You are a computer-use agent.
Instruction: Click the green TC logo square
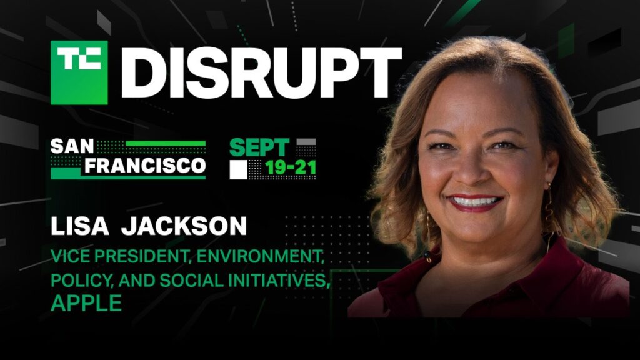pyautogui.click(x=79, y=72)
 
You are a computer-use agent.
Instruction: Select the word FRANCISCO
pyautogui.click(x=146, y=166)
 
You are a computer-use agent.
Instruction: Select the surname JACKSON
pyautogui.click(x=184, y=227)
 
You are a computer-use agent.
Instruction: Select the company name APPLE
pyautogui.click(x=86, y=304)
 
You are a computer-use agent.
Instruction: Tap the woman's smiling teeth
pyautogui.click(x=475, y=202)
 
